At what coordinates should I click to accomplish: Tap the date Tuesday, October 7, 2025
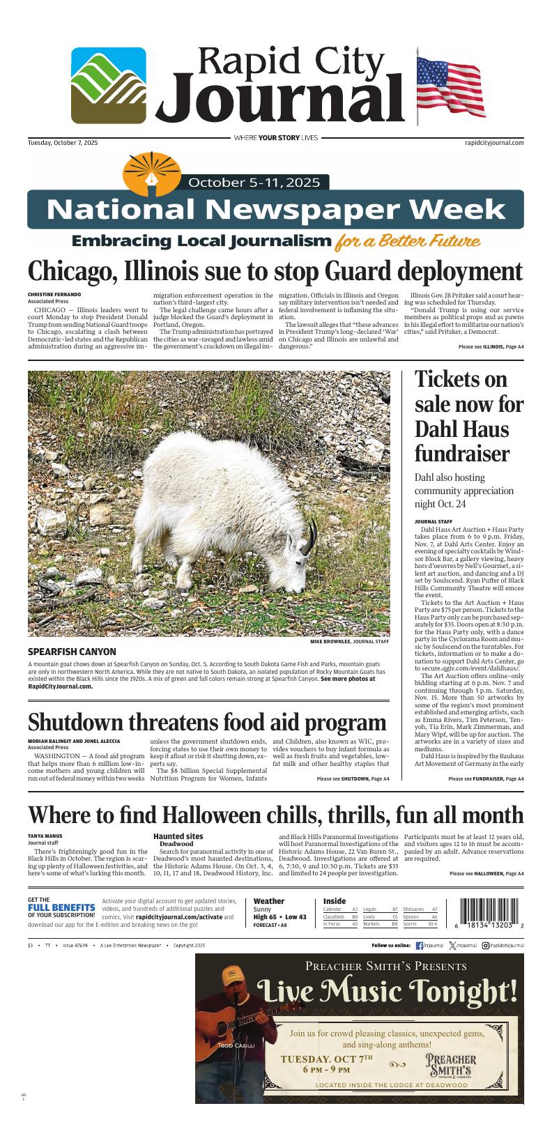point(63,142)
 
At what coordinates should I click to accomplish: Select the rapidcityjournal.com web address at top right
point(493,142)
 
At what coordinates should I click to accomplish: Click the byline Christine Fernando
point(54,295)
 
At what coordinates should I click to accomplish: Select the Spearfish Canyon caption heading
point(72,652)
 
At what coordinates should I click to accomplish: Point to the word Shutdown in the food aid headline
point(77,721)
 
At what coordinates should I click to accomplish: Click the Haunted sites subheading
point(178,836)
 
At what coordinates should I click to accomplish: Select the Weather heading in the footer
point(269,901)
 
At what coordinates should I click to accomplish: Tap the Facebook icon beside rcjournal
point(420,946)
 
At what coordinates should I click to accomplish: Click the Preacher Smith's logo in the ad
point(451,1065)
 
